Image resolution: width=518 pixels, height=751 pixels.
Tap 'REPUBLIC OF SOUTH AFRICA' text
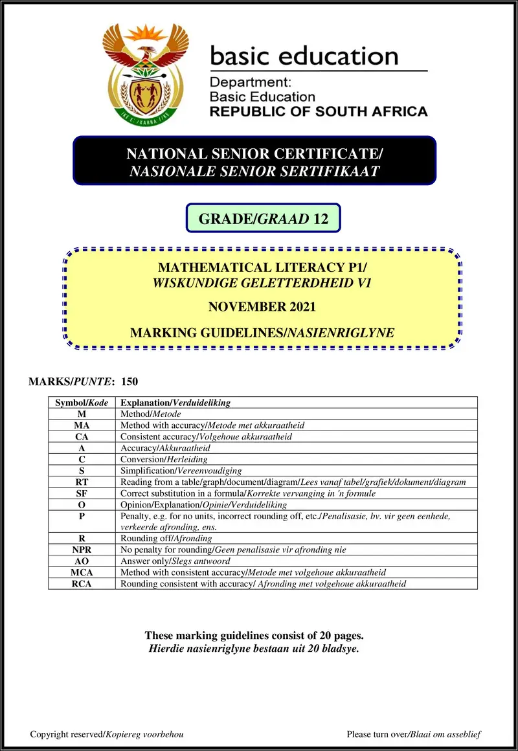coord(319,111)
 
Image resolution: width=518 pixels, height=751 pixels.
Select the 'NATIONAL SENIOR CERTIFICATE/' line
coord(254,154)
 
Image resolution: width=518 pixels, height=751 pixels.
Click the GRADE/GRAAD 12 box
coord(263,218)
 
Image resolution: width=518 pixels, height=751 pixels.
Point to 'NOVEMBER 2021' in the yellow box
coord(262,307)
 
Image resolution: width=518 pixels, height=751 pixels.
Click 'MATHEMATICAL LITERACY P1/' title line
coord(262,267)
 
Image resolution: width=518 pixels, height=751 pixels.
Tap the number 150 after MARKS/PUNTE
coord(129,382)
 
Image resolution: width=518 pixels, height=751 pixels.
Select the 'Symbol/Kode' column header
coord(82,403)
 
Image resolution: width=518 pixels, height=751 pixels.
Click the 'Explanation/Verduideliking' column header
coord(175,403)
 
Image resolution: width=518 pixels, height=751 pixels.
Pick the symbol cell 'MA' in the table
coord(82,425)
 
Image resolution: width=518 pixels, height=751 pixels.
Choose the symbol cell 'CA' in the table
coord(82,437)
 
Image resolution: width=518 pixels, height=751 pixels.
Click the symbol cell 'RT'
coord(82,482)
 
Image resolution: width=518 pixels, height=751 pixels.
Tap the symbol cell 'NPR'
coord(82,550)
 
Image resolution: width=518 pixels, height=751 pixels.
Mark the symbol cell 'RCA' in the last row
coord(82,583)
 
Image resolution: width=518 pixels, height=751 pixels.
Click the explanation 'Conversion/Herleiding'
coord(164,460)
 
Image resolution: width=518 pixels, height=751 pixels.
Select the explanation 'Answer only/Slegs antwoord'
coord(171,561)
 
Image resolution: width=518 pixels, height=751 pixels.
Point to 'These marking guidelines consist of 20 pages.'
coord(254,636)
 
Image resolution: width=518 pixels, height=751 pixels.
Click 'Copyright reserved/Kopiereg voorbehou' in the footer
coord(107,734)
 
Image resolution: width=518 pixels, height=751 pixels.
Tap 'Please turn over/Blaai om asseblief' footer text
coord(414,734)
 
